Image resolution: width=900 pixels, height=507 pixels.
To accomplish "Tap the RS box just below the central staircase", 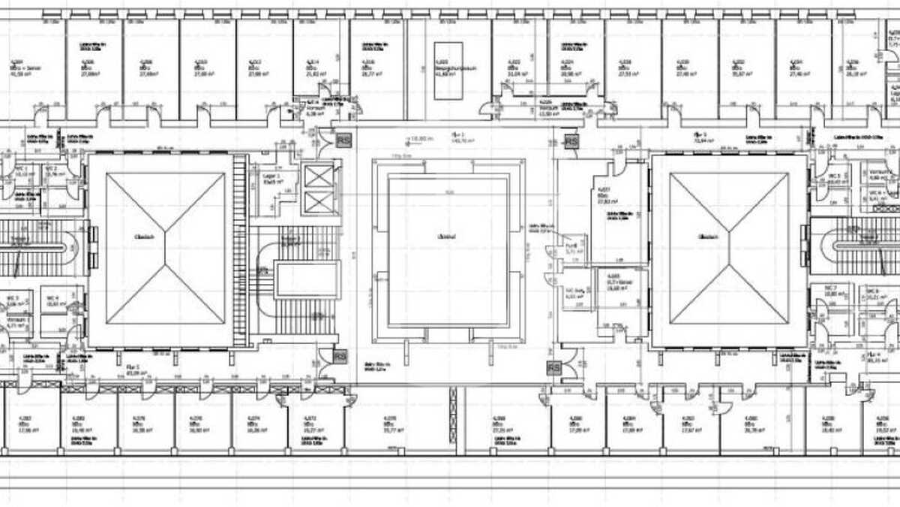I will tap(340, 356).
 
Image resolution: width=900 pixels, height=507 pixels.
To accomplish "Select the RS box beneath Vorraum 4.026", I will tap(571, 140).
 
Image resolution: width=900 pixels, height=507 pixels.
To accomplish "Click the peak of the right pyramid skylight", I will tap(728, 249).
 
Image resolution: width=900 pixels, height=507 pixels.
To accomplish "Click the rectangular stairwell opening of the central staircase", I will tap(307, 279).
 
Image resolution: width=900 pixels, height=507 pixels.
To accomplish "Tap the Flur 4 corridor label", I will tap(874, 358).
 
